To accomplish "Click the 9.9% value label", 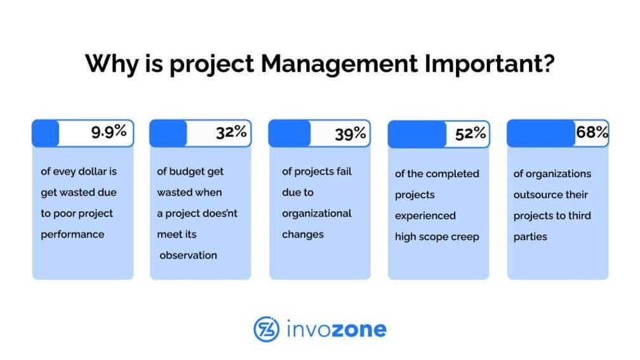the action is click(109, 131).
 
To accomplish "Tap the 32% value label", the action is click(231, 132).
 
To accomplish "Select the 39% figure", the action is click(350, 133).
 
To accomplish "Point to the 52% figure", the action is click(470, 133).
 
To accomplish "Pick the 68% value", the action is click(592, 132).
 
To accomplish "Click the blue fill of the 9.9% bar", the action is click(45, 133).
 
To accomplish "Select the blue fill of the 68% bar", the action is click(541, 133).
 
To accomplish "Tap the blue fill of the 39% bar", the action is click(290, 133).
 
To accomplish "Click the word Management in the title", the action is click(339, 63).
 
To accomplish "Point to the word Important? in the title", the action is click(490, 63).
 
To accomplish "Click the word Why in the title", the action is click(112, 65).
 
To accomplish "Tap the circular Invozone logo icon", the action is click(267, 329).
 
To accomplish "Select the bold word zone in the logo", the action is click(359, 330).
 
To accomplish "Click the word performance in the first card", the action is click(72, 235).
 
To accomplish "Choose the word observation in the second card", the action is click(188, 255).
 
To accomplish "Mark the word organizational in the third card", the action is click(317, 214).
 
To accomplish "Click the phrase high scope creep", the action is click(437, 237).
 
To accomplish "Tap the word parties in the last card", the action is click(530, 237).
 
